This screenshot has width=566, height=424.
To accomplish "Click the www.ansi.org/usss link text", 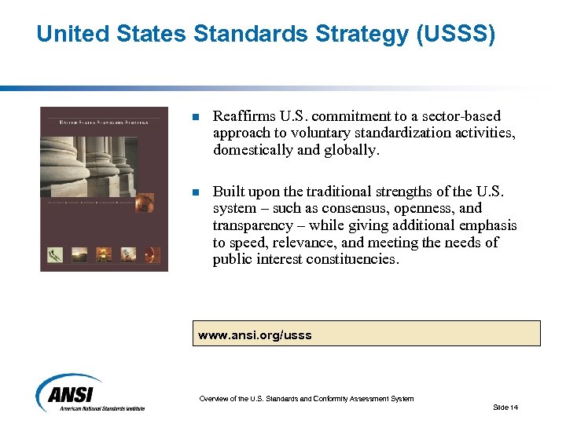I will [x=255, y=335].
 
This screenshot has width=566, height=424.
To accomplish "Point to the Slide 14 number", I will [x=505, y=407].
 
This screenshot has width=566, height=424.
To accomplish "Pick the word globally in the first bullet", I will [x=351, y=150].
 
